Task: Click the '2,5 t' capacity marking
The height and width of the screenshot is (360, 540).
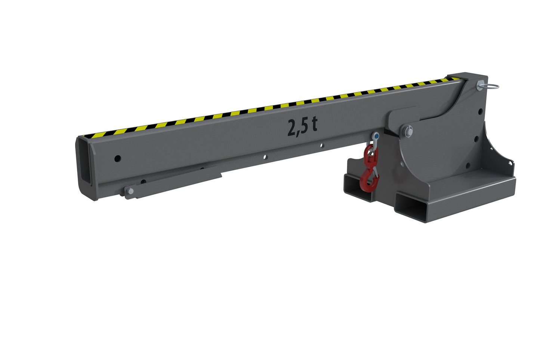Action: pyautogui.click(x=302, y=126)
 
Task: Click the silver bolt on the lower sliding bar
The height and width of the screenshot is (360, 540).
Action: pyautogui.click(x=130, y=192)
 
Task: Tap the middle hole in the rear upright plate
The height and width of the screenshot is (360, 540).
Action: pyautogui.click(x=477, y=139)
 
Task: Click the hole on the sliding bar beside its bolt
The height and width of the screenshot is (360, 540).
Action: pyautogui.click(x=144, y=182)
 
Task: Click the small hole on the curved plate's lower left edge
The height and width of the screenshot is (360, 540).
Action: pyautogui.click(x=403, y=165)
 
